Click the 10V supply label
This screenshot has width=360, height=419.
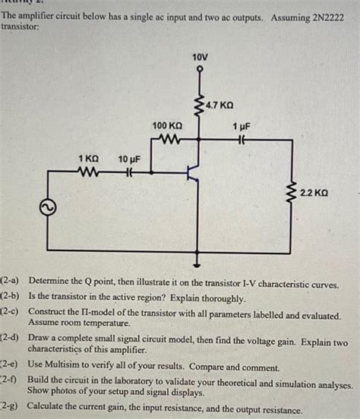[x=198, y=57]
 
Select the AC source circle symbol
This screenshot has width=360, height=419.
[x=48, y=206]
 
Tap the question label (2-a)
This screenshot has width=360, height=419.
[x=13, y=285]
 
